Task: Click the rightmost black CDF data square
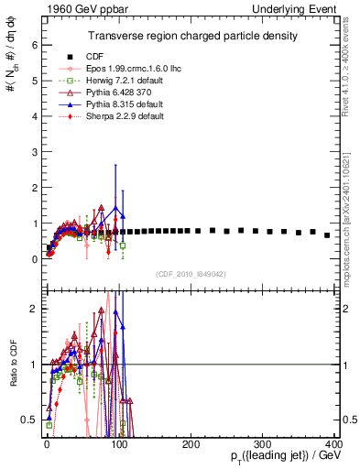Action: point(327,235)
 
